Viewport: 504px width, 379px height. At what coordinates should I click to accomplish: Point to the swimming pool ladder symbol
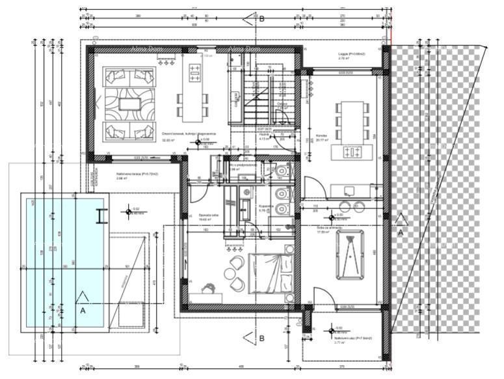pos(100,216)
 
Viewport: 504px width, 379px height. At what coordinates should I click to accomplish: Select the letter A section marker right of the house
pos(401,231)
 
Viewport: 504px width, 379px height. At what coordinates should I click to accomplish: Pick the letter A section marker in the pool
pos(82,311)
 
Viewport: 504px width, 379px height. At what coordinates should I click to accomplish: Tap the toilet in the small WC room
pos(282,171)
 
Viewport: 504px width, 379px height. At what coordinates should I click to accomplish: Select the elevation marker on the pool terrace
pos(129,210)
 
